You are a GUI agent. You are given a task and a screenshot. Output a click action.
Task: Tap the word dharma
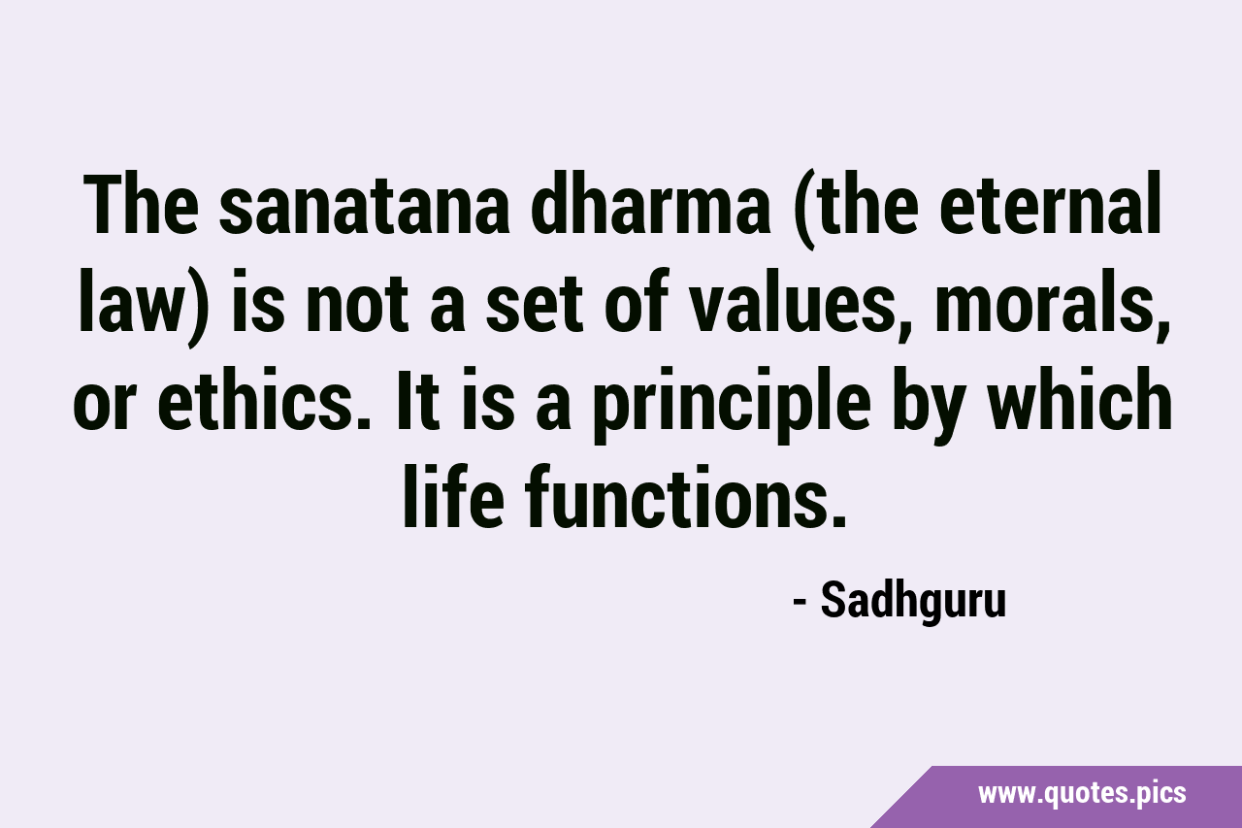click(x=650, y=204)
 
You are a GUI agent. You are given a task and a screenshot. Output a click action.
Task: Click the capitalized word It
click(x=414, y=398)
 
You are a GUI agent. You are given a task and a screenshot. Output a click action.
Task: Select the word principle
click(x=732, y=405)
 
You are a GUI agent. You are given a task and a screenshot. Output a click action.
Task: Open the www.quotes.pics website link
click(x=1082, y=794)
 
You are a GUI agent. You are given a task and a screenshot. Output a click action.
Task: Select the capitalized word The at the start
click(x=142, y=204)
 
